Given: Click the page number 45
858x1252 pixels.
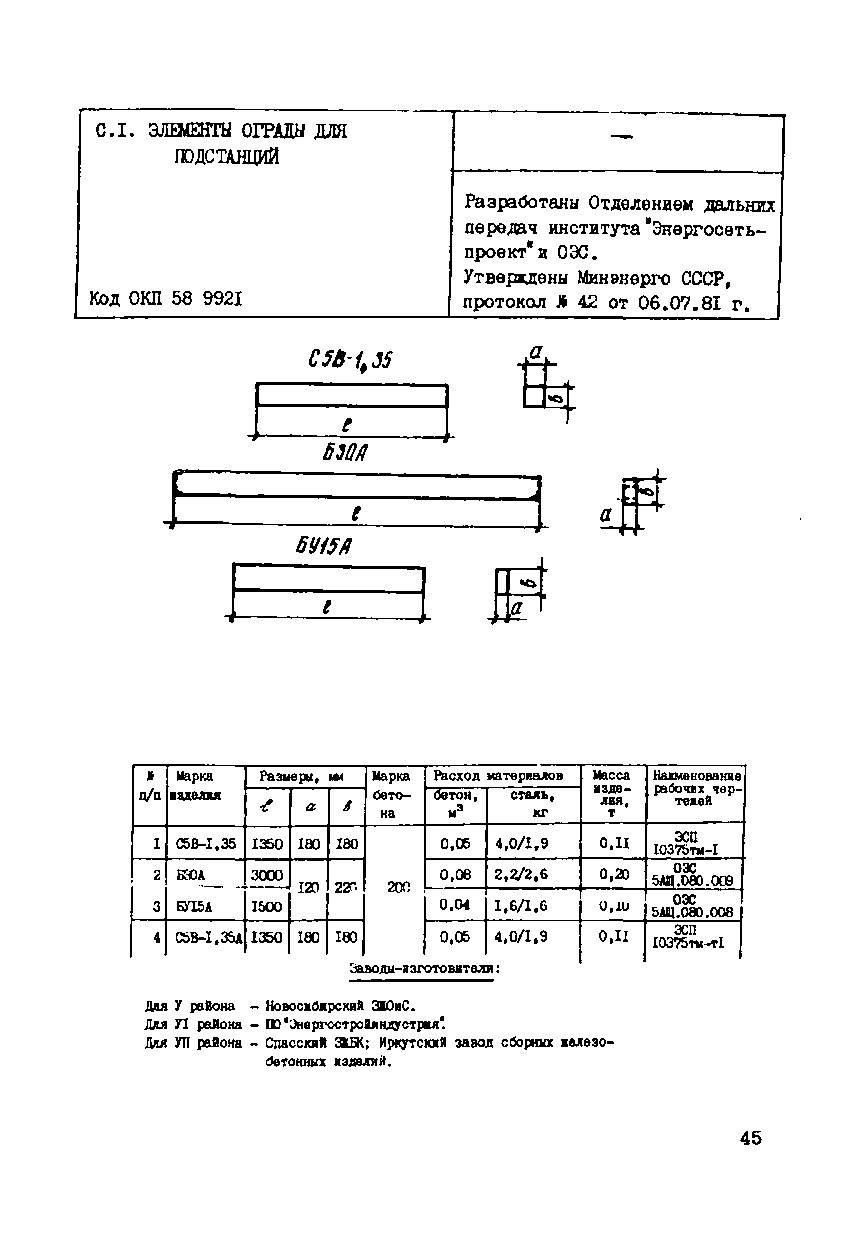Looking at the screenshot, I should [751, 1138].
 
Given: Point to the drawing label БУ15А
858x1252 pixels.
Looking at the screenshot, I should [324, 547].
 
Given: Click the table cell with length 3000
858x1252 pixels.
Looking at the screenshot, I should [266, 875].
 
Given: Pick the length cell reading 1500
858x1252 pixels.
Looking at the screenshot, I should [266, 906].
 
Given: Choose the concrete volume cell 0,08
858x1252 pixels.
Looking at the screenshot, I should [455, 875].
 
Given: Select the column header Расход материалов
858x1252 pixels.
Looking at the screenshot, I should [498, 776].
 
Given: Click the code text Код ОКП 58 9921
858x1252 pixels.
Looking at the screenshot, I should [166, 298].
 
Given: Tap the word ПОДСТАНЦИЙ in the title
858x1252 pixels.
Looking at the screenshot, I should [227, 157].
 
